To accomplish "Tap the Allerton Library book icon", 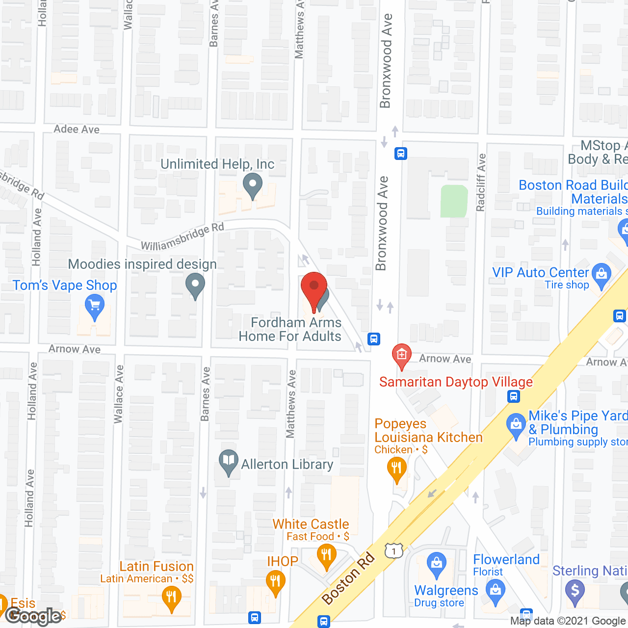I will click(x=228, y=461).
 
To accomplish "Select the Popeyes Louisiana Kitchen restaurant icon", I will click(x=396, y=468).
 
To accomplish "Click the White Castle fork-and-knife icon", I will click(x=326, y=556).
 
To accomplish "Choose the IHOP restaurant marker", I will click(x=275, y=582).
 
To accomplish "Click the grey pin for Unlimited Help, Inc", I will click(x=253, y=185).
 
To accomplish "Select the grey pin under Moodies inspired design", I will click(x=195, y=285).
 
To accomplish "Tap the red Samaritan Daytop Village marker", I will click(x=401, y=355).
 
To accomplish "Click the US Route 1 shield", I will click(x=393, y=551).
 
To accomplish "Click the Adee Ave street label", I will click(x=77, y=129).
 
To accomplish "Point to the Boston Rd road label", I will click(x=348, y=578).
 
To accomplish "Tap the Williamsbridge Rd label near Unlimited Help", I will click(x=183, y=236).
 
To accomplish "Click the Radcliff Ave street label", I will click(x=481, y=183).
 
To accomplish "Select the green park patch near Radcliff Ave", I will click(x=454, y=201).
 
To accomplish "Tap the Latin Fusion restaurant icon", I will click(x=171, y=599).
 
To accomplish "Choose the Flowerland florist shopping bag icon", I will click(x=495, y=590).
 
